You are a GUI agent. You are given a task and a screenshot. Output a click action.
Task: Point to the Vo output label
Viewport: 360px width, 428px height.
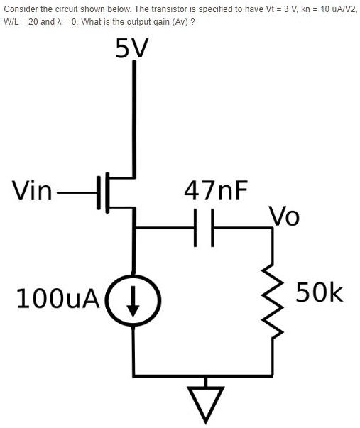[284, 215]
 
